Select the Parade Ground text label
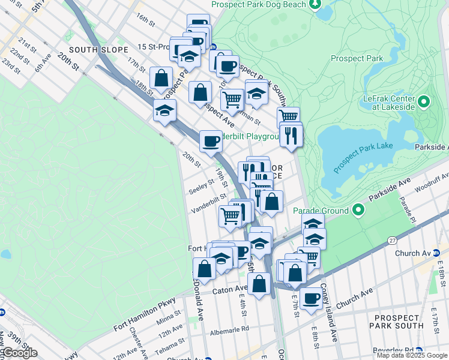321,211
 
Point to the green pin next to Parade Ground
358,210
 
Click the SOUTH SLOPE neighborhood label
99,49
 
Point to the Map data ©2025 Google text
412,355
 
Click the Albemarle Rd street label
229,329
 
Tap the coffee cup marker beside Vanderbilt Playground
211,142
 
